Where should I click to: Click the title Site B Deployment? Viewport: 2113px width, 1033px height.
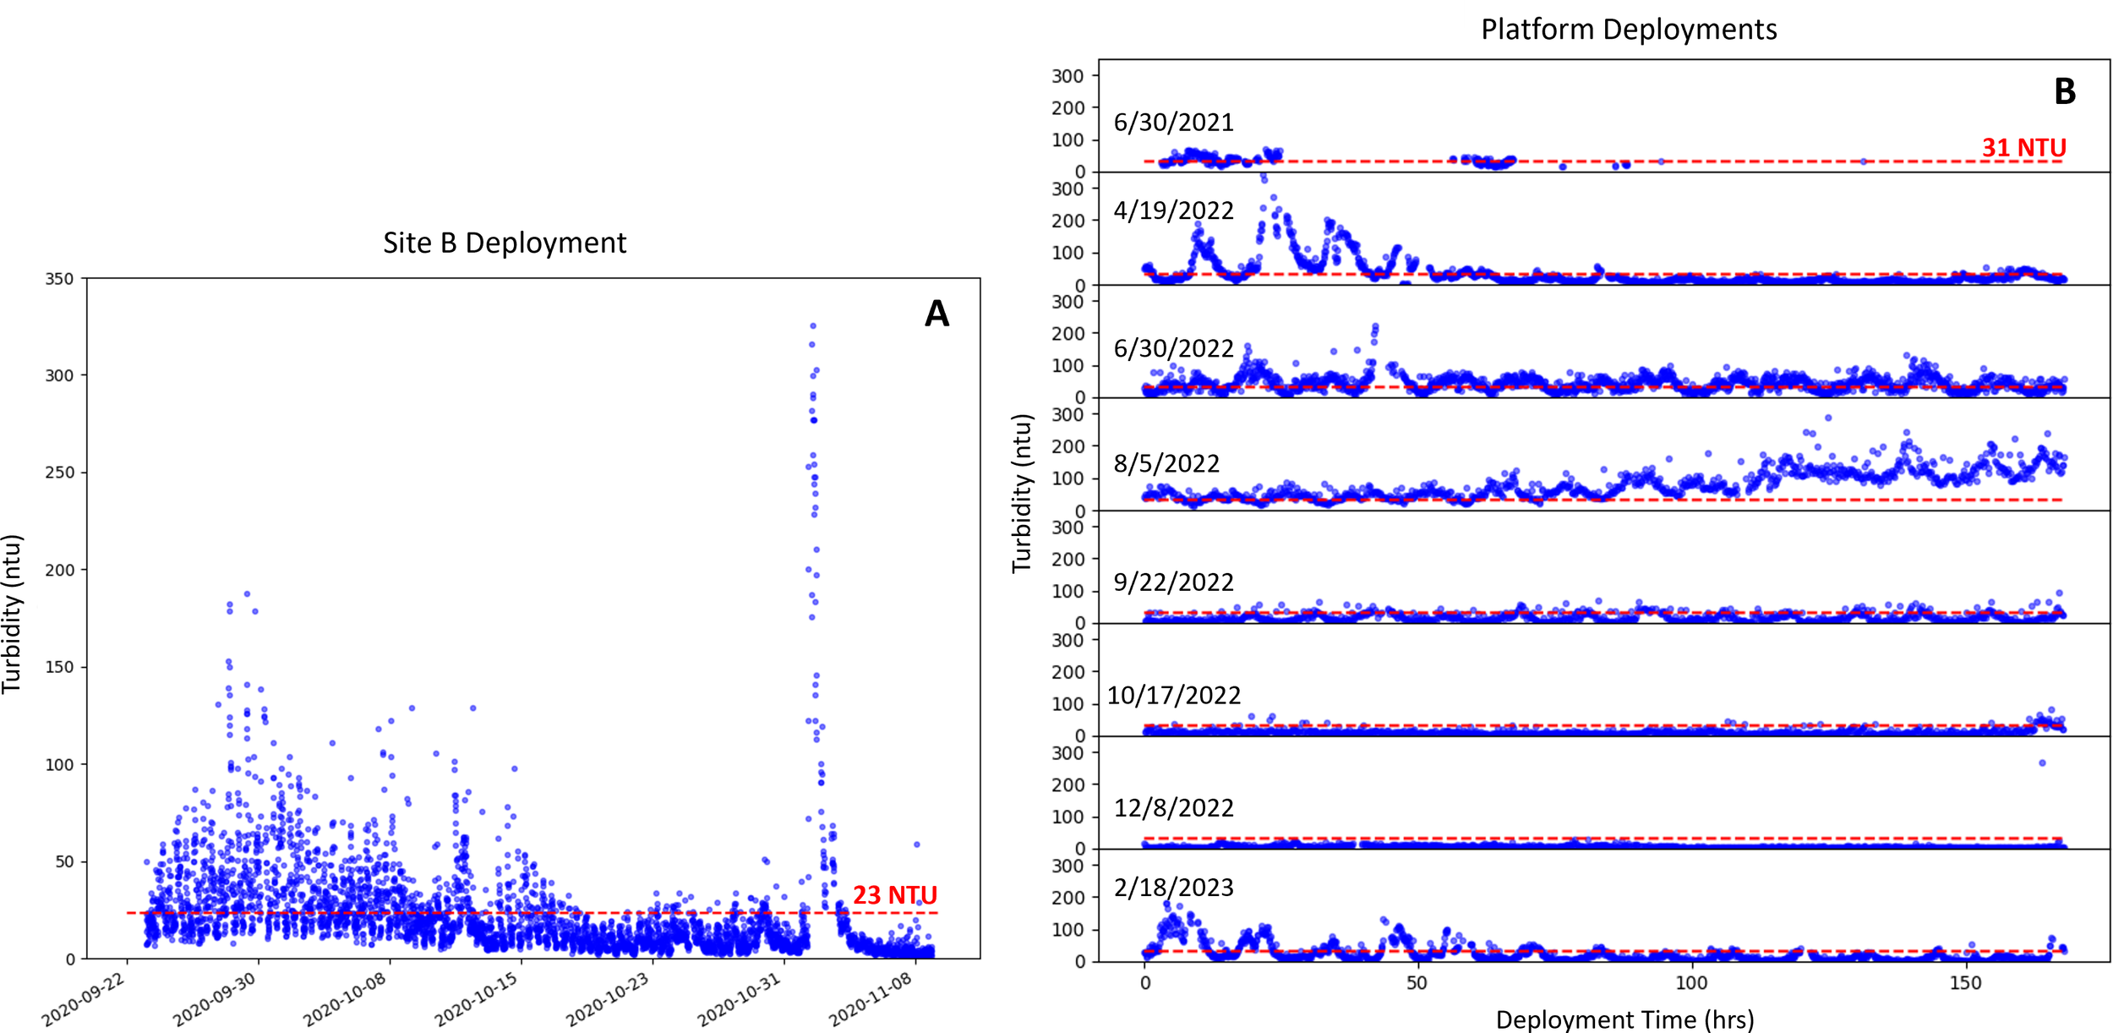coord(505,243)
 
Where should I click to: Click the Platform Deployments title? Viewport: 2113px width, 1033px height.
coord(1628,30)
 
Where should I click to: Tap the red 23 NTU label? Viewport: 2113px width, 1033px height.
coord(894,894)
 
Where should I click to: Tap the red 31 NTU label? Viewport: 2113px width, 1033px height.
coord(2023,148)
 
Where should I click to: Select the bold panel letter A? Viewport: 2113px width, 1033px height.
coord(936,314)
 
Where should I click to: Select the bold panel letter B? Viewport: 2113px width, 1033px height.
coord(2064,91)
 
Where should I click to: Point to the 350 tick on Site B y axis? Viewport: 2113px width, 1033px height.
coord(59,279)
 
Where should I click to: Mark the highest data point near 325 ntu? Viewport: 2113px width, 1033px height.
coord(813,325)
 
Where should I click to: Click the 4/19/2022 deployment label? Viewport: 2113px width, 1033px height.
coord(1173,210)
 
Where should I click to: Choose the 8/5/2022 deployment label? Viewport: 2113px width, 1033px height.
coord(1166,463)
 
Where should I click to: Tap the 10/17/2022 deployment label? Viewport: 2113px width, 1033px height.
coord(1173,695)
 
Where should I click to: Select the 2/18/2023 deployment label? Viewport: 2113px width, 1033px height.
coord(1173,887)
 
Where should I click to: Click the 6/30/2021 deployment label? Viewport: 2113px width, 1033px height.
coord(1173,123)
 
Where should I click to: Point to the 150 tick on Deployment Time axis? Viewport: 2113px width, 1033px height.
coord(1965,983)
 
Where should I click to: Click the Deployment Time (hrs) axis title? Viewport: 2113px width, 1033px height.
coord(1624,1019)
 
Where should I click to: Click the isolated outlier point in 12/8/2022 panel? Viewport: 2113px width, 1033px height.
coord(2042,762)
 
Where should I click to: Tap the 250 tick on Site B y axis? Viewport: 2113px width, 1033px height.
coord(59,473)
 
